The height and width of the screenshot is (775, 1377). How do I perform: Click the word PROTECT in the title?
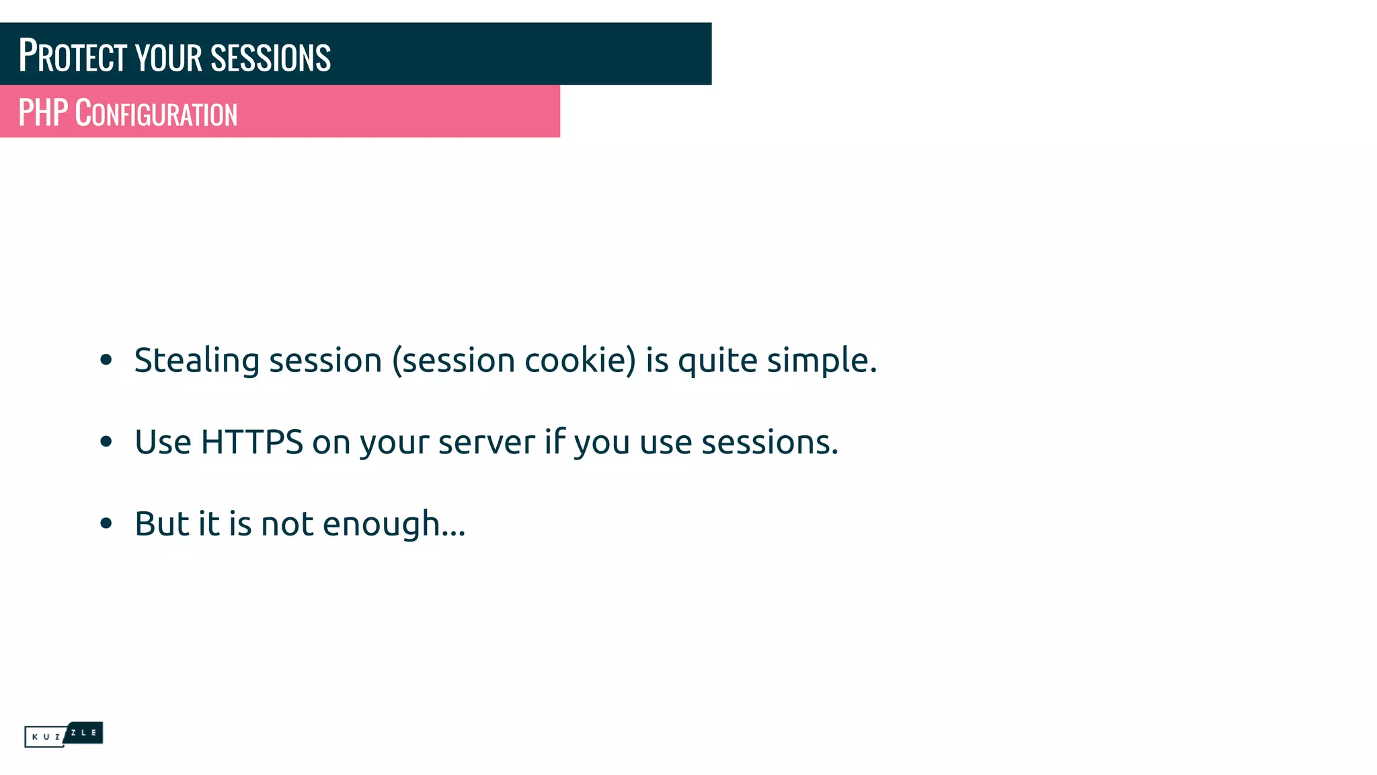pos(73,56)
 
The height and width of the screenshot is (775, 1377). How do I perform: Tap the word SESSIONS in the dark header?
pos(270,58)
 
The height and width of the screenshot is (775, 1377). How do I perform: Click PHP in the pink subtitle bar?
pos(43,113)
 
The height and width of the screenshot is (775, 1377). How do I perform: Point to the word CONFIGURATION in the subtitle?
pos(156,114)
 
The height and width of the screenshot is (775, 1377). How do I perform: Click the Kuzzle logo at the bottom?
pos(63,735)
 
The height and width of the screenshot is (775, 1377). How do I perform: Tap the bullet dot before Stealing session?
pos(106,360)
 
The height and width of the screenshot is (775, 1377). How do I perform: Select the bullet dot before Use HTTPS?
pos(106,442)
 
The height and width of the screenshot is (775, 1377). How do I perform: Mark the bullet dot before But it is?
pos(106,523)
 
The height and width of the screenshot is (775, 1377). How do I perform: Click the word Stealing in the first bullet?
pos(196,361)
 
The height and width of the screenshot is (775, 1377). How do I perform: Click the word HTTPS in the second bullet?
pos(252,443)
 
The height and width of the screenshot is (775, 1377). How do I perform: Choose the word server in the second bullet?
pos(486,443)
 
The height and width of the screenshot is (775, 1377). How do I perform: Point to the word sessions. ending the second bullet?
pos(770,443)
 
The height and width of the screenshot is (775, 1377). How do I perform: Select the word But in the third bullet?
pos(161,524)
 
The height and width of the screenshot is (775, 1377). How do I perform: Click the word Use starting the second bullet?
pos(163,443)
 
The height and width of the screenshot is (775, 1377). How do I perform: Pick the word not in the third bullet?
pos(287,524)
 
